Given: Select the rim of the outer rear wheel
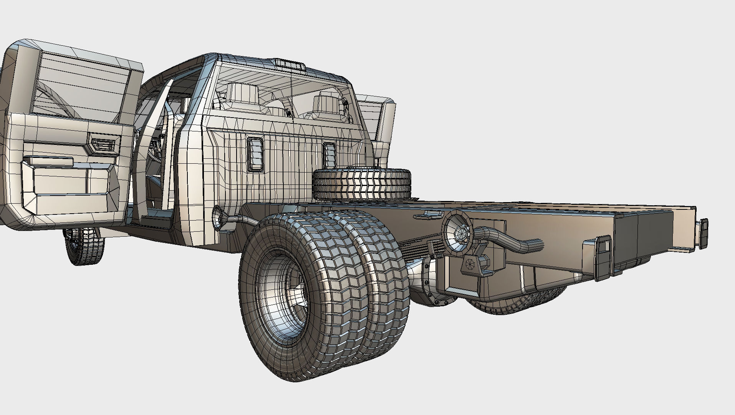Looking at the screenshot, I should pyautogui.click(x=282, y=298).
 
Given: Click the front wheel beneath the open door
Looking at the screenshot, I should pyautogui.click(x=84, y=246).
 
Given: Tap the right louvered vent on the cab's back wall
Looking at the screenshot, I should pyautogui.click(x=329, y=154).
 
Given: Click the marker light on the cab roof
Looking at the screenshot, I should pyautogui.click(x=290, y=63).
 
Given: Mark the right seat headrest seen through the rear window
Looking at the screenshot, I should pyautogui.click(x=327, y=104).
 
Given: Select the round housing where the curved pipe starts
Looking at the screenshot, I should pyautogui.click(x=457, y=231).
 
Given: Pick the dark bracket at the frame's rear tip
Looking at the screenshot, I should pyautogui.click(x=703, y=232).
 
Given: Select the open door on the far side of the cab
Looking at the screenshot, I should pyautogui.click(x=382, y=127).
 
